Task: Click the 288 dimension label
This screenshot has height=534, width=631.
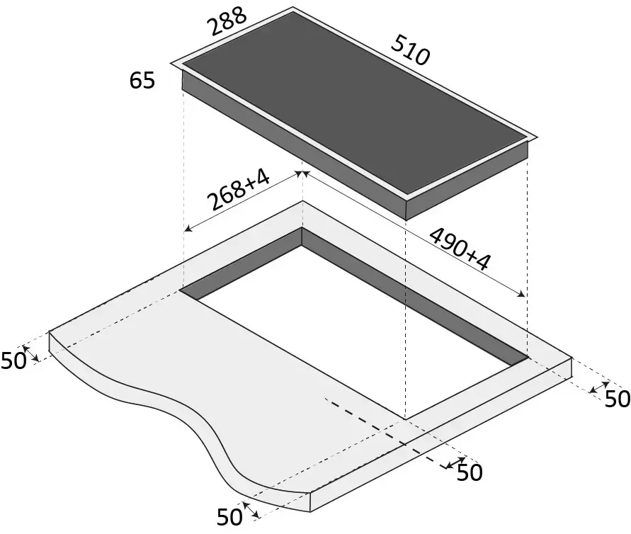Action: pyautogui.click(x=226, y=21)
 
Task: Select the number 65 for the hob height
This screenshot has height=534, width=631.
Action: pyautogui.click(x=142, y=80)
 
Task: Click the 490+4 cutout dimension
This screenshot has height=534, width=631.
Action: pyautogui.click(x=460, y=249)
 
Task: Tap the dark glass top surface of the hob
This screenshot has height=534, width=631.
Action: pyautogui.click(x=355, y=101)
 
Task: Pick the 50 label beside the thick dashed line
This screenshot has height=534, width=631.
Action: pyautogui.click(x=470, y=472)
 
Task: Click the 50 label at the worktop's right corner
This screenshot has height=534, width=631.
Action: pyautogui.click(x=618, y=399)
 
